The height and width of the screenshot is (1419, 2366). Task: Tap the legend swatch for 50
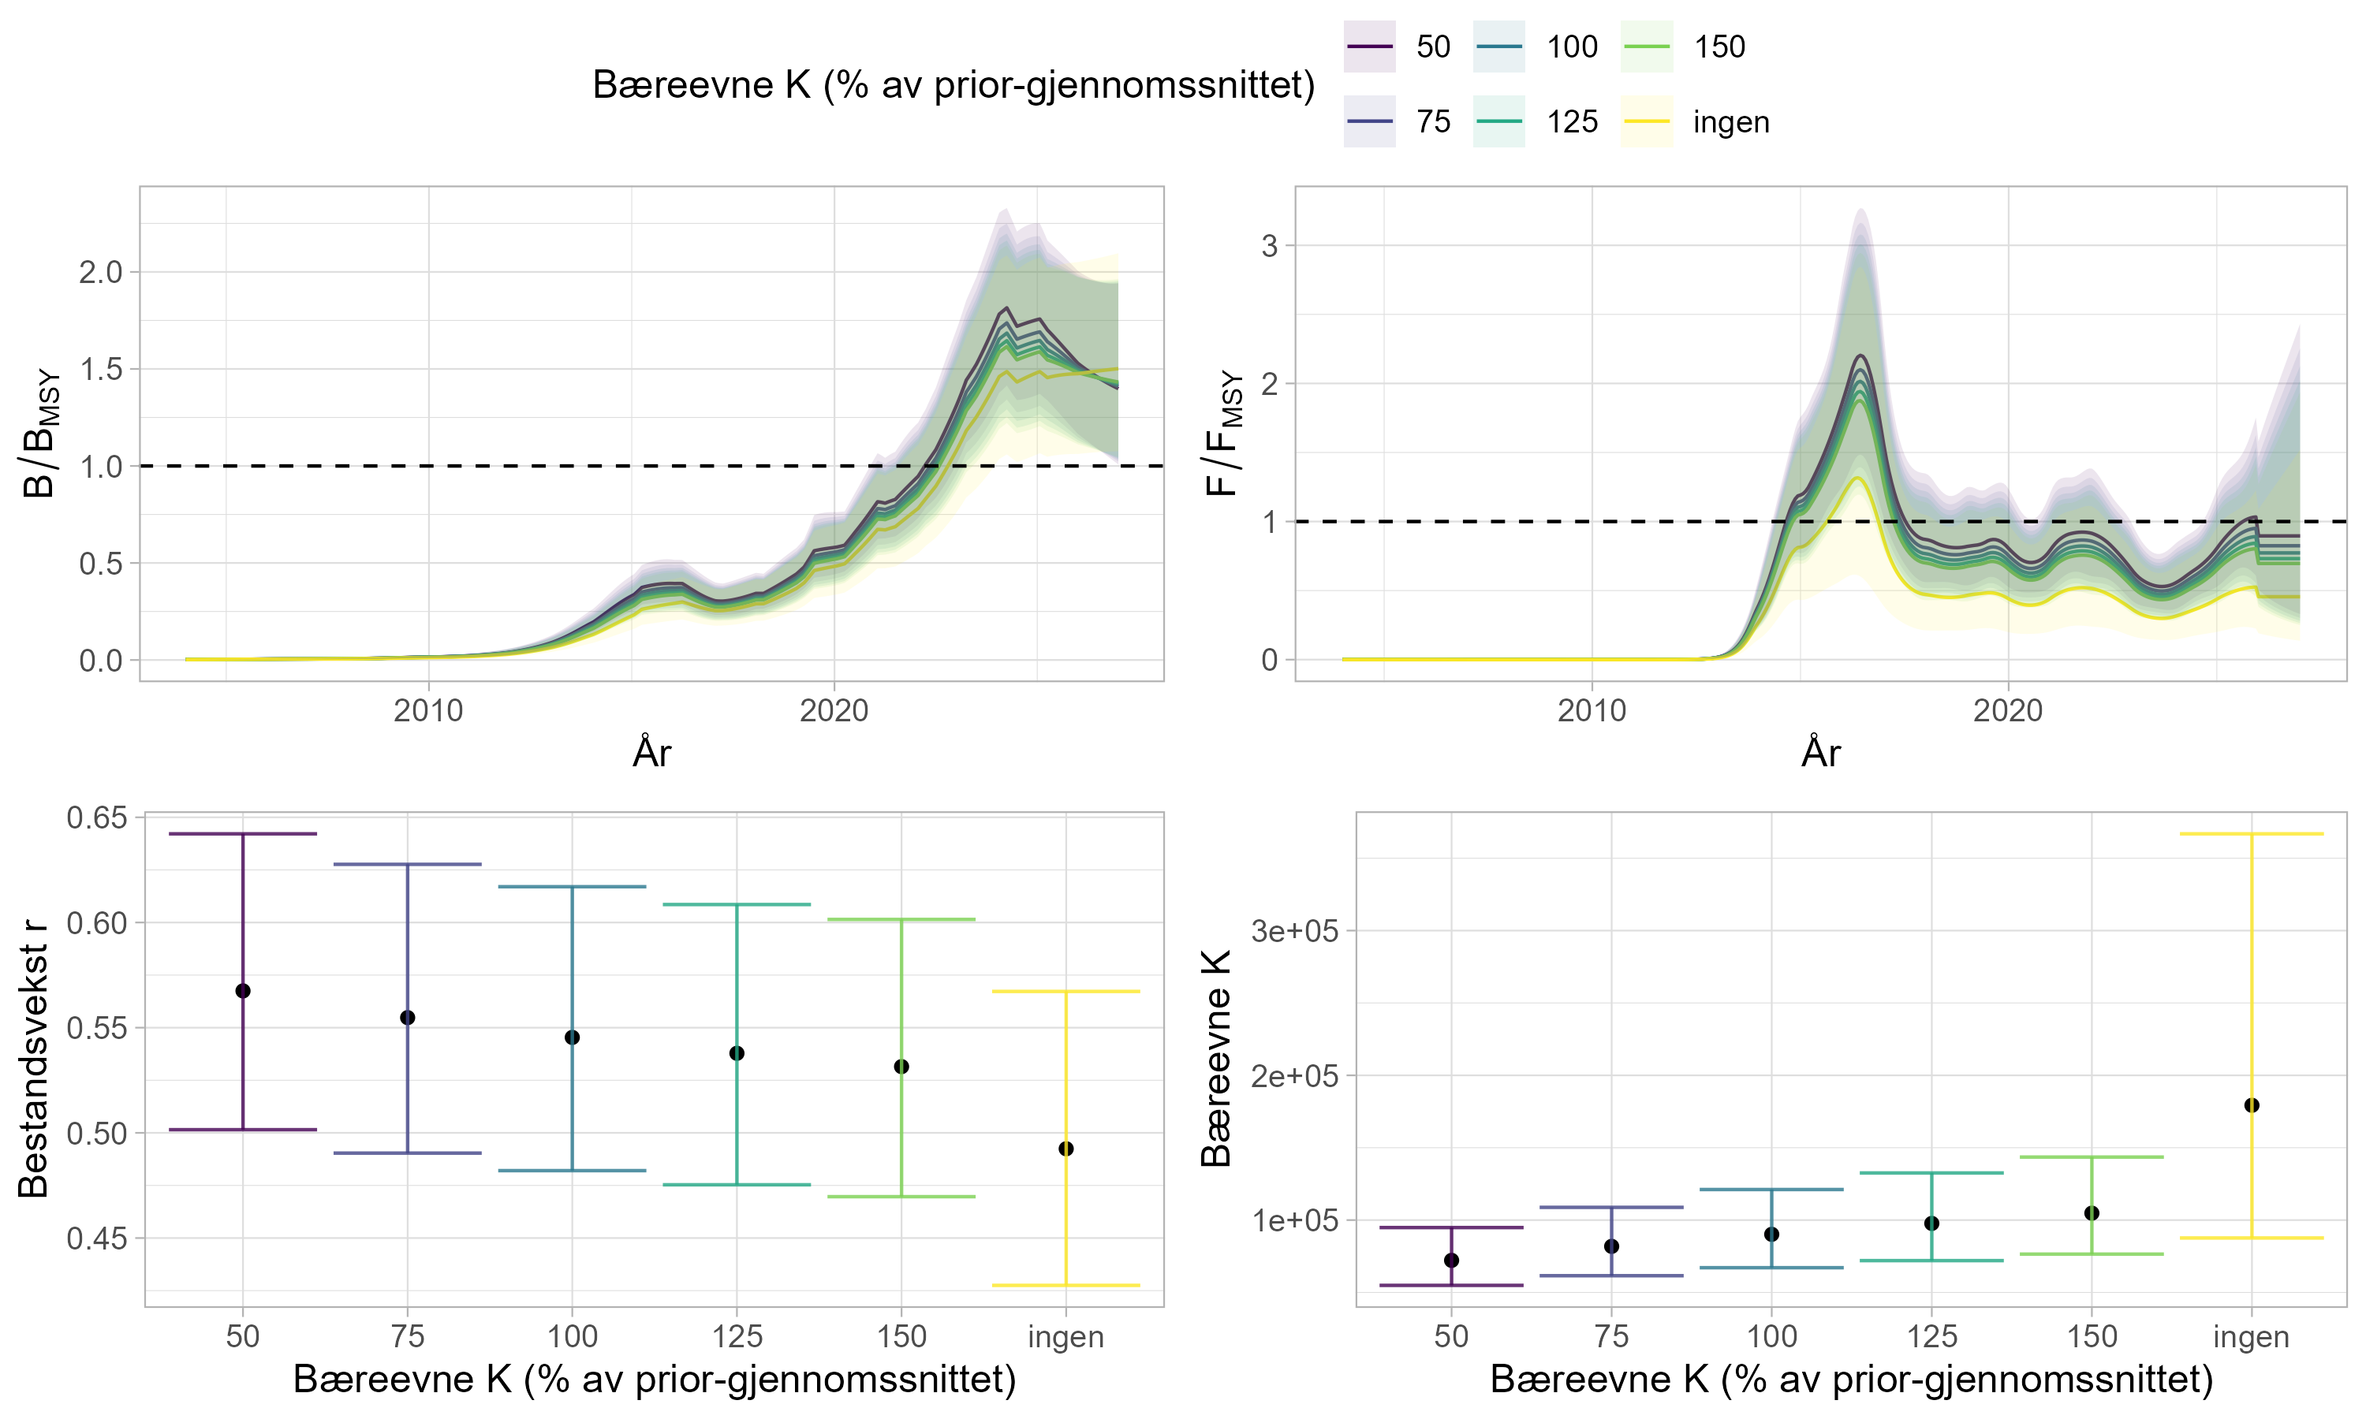click(1369, 47)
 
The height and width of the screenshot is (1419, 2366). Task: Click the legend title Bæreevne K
click(953, 85)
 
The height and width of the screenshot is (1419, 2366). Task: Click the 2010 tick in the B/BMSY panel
click(428, 710)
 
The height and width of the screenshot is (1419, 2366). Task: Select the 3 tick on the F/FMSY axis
click(1269, 246)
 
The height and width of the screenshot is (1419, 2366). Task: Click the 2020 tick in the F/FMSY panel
click(2007, 710)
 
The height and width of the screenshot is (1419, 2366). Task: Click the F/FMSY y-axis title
click(1224, 434)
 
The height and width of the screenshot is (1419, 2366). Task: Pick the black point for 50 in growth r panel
click(243, 991)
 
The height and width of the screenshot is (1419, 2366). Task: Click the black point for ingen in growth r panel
click(1066, 1149)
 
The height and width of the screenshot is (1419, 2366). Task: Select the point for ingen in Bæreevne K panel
click(2251, 1105)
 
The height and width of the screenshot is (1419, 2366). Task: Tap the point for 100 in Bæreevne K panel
click(1771, 1235)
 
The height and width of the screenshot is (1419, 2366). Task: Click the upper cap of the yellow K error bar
click(2251, 834)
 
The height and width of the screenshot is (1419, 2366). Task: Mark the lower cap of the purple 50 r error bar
click(243, 1129)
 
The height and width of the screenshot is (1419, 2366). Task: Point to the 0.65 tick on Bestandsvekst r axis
click(96, 818)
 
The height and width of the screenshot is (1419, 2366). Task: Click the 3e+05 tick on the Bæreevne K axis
click(1295, 930)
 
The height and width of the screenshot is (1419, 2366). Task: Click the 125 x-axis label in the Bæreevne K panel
click(1931, 1337)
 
